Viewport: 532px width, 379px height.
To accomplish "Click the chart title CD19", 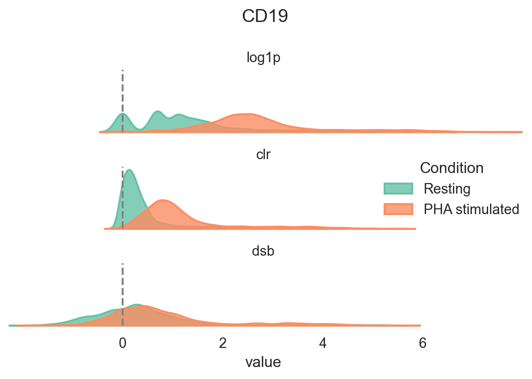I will [265, 16].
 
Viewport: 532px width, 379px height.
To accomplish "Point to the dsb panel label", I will [263, 251].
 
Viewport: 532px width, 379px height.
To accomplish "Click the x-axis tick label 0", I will [123, 343].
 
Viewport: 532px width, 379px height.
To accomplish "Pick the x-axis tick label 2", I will [223, 343].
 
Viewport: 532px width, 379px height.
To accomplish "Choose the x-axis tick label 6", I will [422, 343].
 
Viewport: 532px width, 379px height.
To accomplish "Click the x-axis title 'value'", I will [263, 362].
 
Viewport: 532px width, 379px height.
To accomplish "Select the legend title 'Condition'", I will [451, 168].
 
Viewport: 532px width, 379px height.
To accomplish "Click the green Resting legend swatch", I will [398, 189].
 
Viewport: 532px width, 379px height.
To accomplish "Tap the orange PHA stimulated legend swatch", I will [398, 209].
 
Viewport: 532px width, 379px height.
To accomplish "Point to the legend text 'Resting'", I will [447, 189].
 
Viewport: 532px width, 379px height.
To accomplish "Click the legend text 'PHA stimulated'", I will [471, 209].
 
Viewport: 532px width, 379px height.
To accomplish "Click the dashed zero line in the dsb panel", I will [123, 287].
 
